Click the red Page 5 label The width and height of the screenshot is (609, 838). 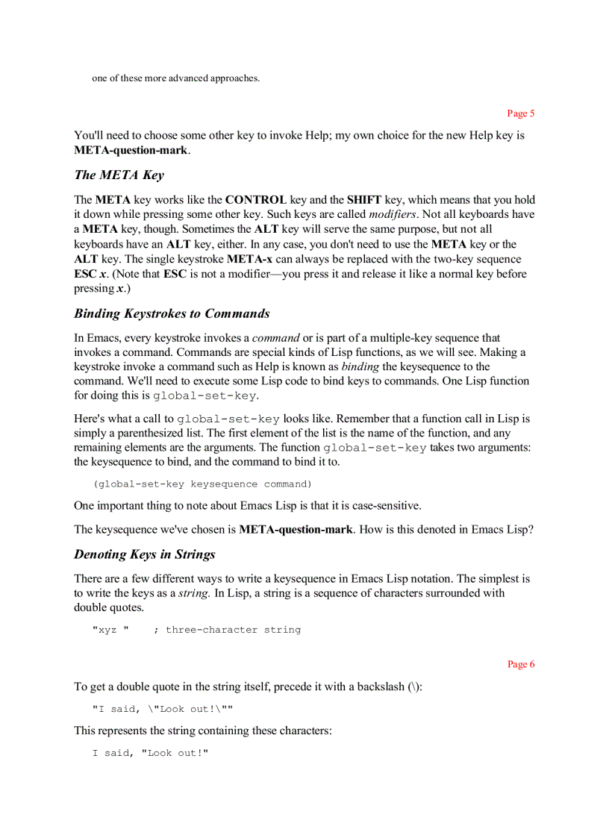pyautogui.click(x=520, y=113)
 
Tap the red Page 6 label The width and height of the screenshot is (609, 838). pyautogui.click(x=520, y=664)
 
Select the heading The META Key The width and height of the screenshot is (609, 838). pyautogui.click(x=119, y=175)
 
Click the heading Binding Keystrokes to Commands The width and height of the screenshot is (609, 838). pyautogui.click(x=172, y=313)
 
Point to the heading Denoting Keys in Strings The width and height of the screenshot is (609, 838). pyautogui.click(x=145, y=554)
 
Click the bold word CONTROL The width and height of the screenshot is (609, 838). pyautogui.click(x=256, y=200)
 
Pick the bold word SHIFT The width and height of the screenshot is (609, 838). pyautogui.click(x=364, y=200)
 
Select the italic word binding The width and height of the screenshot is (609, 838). pyautogui.click(x=360, y=366)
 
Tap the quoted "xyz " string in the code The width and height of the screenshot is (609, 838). pyautogui.click(x=110, y=630)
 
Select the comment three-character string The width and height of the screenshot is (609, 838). pyautogui.click(x=233, y=630)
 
